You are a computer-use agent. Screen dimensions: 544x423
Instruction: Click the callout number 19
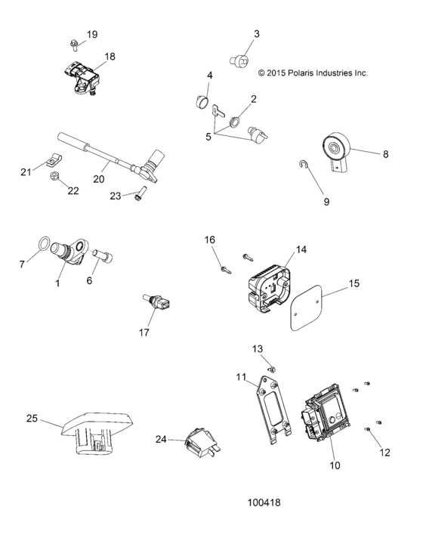click(92, 35)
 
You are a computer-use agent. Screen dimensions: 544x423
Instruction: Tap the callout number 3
click(256, 34)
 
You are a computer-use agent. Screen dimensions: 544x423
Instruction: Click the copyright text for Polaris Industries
click(313, 73)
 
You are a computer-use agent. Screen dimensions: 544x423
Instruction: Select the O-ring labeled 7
click(45, 245)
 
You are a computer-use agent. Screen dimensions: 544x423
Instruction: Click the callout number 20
click(98, 180)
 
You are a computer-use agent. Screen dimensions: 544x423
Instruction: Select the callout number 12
click(385, 453)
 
